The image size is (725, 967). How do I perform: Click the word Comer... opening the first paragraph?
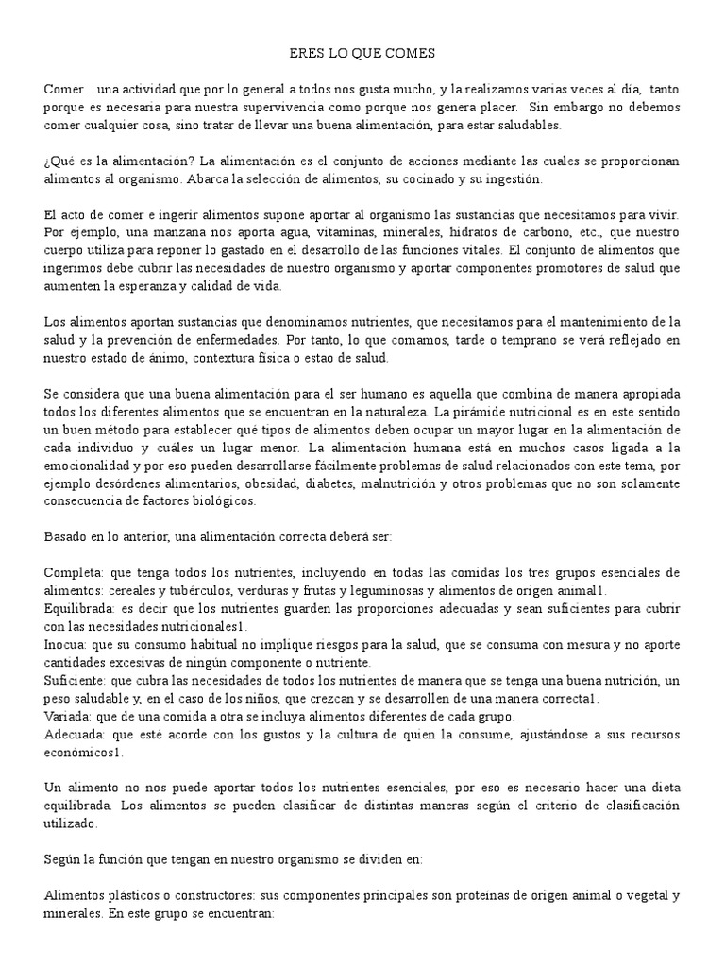pyautogui.click(x=62, y=88)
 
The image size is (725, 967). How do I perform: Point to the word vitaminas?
pyautogui.click(x=297, y=231)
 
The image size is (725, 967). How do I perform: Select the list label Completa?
pyautogui.click(x=75, y=572)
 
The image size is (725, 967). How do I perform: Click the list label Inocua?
pyautogui.click(x=65, y=644)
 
